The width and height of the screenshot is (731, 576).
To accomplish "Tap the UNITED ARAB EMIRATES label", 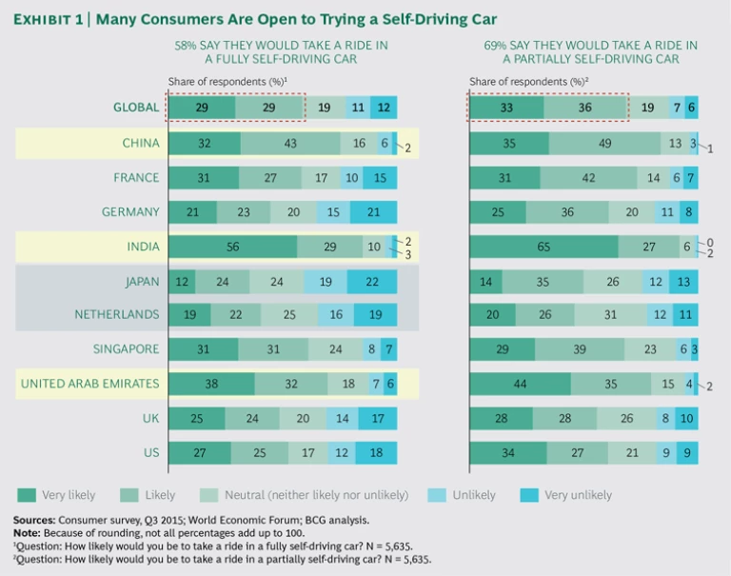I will coord(89,384).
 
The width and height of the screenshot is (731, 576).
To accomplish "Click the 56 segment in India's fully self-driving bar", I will coord(231,247).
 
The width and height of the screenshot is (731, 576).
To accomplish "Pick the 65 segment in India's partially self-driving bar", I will coord(543,247).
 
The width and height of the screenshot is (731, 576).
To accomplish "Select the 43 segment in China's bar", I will coord(290,143).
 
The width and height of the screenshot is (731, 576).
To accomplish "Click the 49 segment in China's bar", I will coord(604,143).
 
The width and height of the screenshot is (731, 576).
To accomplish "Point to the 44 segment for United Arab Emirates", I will coord(520,384).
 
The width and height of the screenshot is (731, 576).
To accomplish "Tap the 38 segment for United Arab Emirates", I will coord(211,384).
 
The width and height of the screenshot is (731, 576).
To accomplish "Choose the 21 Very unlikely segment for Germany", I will coord(373,212).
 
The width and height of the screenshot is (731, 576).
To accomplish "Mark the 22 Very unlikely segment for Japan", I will coord(372,281).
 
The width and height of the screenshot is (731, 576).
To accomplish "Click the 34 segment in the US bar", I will coord(506,452).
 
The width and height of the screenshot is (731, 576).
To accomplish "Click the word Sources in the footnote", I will coord(34,520).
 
